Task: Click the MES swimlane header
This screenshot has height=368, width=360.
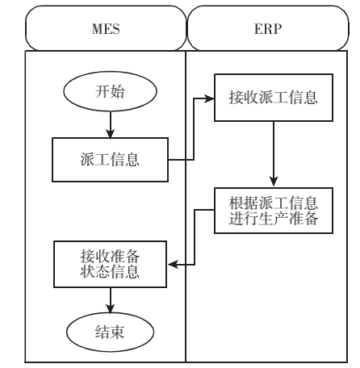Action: (106, 28)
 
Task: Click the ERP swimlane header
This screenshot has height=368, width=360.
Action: (268, 28)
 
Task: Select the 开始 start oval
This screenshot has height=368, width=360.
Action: (110, 91)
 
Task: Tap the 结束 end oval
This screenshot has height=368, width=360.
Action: (110, 332)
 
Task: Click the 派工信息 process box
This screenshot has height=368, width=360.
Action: (110, 160)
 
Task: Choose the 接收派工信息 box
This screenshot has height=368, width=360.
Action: (274, 98)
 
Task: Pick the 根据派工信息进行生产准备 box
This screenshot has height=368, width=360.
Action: (274, 211)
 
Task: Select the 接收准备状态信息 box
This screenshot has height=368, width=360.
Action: (110, 264)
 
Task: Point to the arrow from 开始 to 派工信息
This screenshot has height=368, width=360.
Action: (110, 125)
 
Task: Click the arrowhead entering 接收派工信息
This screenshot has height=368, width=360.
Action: (209, 98)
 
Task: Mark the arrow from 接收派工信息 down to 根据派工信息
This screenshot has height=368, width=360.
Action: (274, 153)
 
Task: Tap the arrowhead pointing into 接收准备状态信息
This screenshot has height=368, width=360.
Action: (173, 265)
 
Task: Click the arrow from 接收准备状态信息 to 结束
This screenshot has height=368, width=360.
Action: (110, 300)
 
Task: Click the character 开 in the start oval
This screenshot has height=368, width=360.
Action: (103, 91)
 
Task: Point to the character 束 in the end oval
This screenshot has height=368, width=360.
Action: (117, 332)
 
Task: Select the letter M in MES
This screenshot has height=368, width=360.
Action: (98, 29)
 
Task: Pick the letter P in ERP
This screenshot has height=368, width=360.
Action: (277, 29)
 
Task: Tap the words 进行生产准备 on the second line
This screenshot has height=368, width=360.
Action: (274, 218)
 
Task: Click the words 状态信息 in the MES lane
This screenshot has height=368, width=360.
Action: (110, 272)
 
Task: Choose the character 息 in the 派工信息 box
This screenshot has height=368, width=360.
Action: (132, 160)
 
